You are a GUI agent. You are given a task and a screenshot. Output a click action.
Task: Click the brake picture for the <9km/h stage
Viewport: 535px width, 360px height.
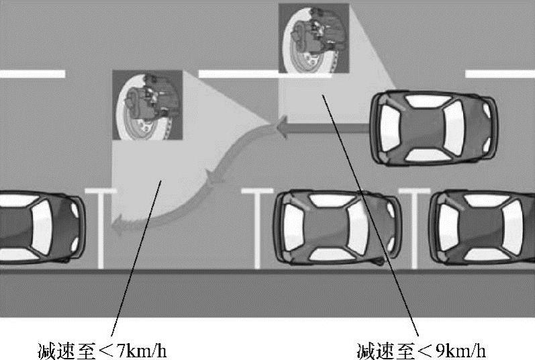click(x=314, y=38)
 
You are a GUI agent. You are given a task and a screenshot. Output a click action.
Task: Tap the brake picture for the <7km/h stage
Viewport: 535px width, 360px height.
click(x=148, y=105)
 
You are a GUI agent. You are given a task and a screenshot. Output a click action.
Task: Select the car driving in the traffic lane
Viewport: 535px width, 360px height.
click(x=434, y=128)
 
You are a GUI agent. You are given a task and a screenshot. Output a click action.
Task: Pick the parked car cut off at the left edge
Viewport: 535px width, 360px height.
click(x=42, y=228)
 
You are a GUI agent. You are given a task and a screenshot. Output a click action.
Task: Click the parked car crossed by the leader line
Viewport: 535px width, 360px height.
click(x=337, y=228)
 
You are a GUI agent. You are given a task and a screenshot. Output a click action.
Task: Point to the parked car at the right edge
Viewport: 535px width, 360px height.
click(x=482, y=228)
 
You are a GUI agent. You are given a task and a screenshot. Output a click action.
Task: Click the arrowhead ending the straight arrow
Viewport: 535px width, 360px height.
click(x=282, y=128)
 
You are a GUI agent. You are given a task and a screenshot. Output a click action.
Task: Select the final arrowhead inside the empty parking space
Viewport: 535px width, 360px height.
click(x=117, y=226)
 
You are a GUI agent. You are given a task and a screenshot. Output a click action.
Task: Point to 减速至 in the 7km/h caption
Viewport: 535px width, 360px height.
click(x=66, y=351)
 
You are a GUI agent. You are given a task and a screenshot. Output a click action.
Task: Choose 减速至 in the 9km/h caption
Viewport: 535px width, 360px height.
click(x=385, y=351)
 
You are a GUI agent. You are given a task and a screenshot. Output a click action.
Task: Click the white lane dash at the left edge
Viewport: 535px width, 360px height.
click(x=32, y=74)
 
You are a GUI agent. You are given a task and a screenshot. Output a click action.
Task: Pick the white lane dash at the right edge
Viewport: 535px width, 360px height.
click(x=500, y=74)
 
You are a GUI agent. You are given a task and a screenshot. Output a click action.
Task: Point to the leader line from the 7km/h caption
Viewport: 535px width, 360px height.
click(x=136, y=259)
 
